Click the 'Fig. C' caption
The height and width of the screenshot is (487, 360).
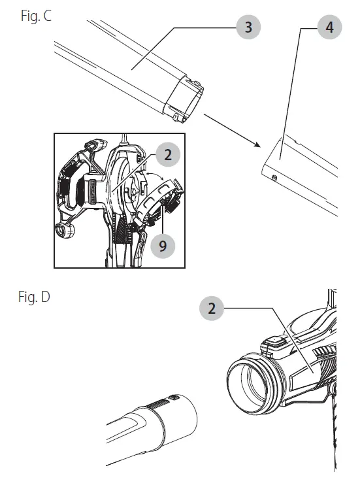tap(37, 16)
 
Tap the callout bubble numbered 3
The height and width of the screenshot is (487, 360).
tap(248, 27)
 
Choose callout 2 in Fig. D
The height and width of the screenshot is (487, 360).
tap(211, 309)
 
